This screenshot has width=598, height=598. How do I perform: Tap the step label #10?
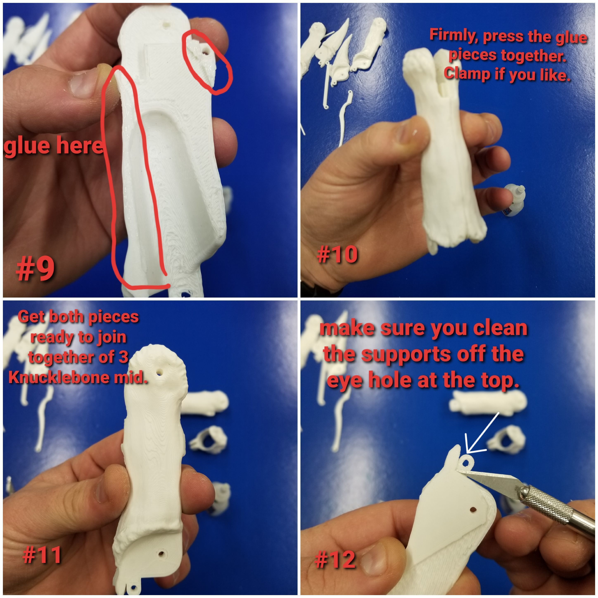pos(337,255)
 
